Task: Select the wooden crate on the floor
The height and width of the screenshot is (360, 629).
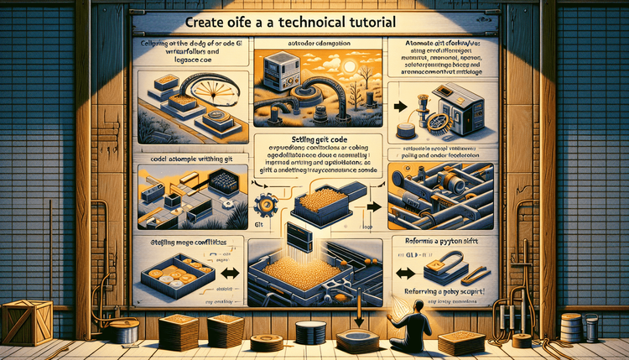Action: (27, 322)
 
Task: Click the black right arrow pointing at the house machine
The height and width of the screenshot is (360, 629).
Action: (402, 107)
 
